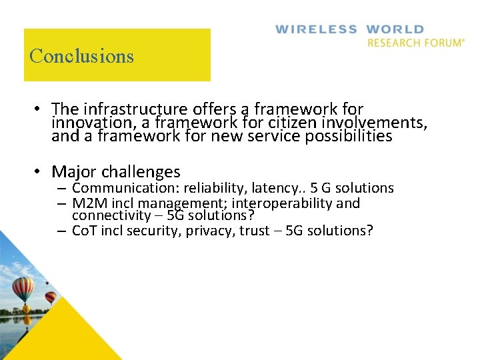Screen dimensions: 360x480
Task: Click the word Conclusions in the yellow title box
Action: tap(81, 55)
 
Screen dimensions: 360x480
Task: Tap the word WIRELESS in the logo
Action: tap(316, 29)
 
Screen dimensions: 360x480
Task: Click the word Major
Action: tap(73, 172)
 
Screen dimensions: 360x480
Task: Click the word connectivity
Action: tap(111, 216)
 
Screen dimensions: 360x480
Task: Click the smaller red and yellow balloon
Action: tap(51, 297)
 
